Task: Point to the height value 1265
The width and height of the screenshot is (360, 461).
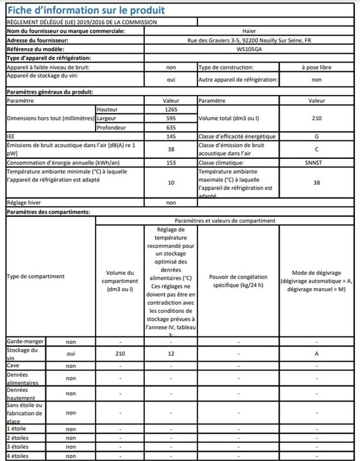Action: (x=171, y=109)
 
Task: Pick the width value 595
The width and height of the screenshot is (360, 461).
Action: (x=171, y=118)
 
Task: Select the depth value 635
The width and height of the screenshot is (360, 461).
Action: (x=171, y=127)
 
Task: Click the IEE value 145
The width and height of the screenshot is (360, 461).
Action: (x=171, y=136)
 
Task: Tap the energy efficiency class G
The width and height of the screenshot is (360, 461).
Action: (x=317, y=136)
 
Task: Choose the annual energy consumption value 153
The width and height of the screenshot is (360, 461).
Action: (x=171, y=163)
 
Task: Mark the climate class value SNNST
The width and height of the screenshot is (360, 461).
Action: (x=317, y=163)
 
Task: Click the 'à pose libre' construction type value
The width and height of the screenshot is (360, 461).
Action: (x=317, y=67)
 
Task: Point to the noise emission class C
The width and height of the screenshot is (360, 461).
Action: (x=317, y=149)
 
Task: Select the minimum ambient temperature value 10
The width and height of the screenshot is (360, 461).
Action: (x=171, y=183)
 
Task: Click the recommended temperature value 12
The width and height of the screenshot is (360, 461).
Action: (x=171, y=354)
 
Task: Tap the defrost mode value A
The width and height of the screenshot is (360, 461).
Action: (x=317, y=354)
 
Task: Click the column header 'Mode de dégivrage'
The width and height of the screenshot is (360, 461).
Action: (x=317, y=273)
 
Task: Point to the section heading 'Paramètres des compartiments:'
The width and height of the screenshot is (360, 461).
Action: (x=49, y=212)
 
